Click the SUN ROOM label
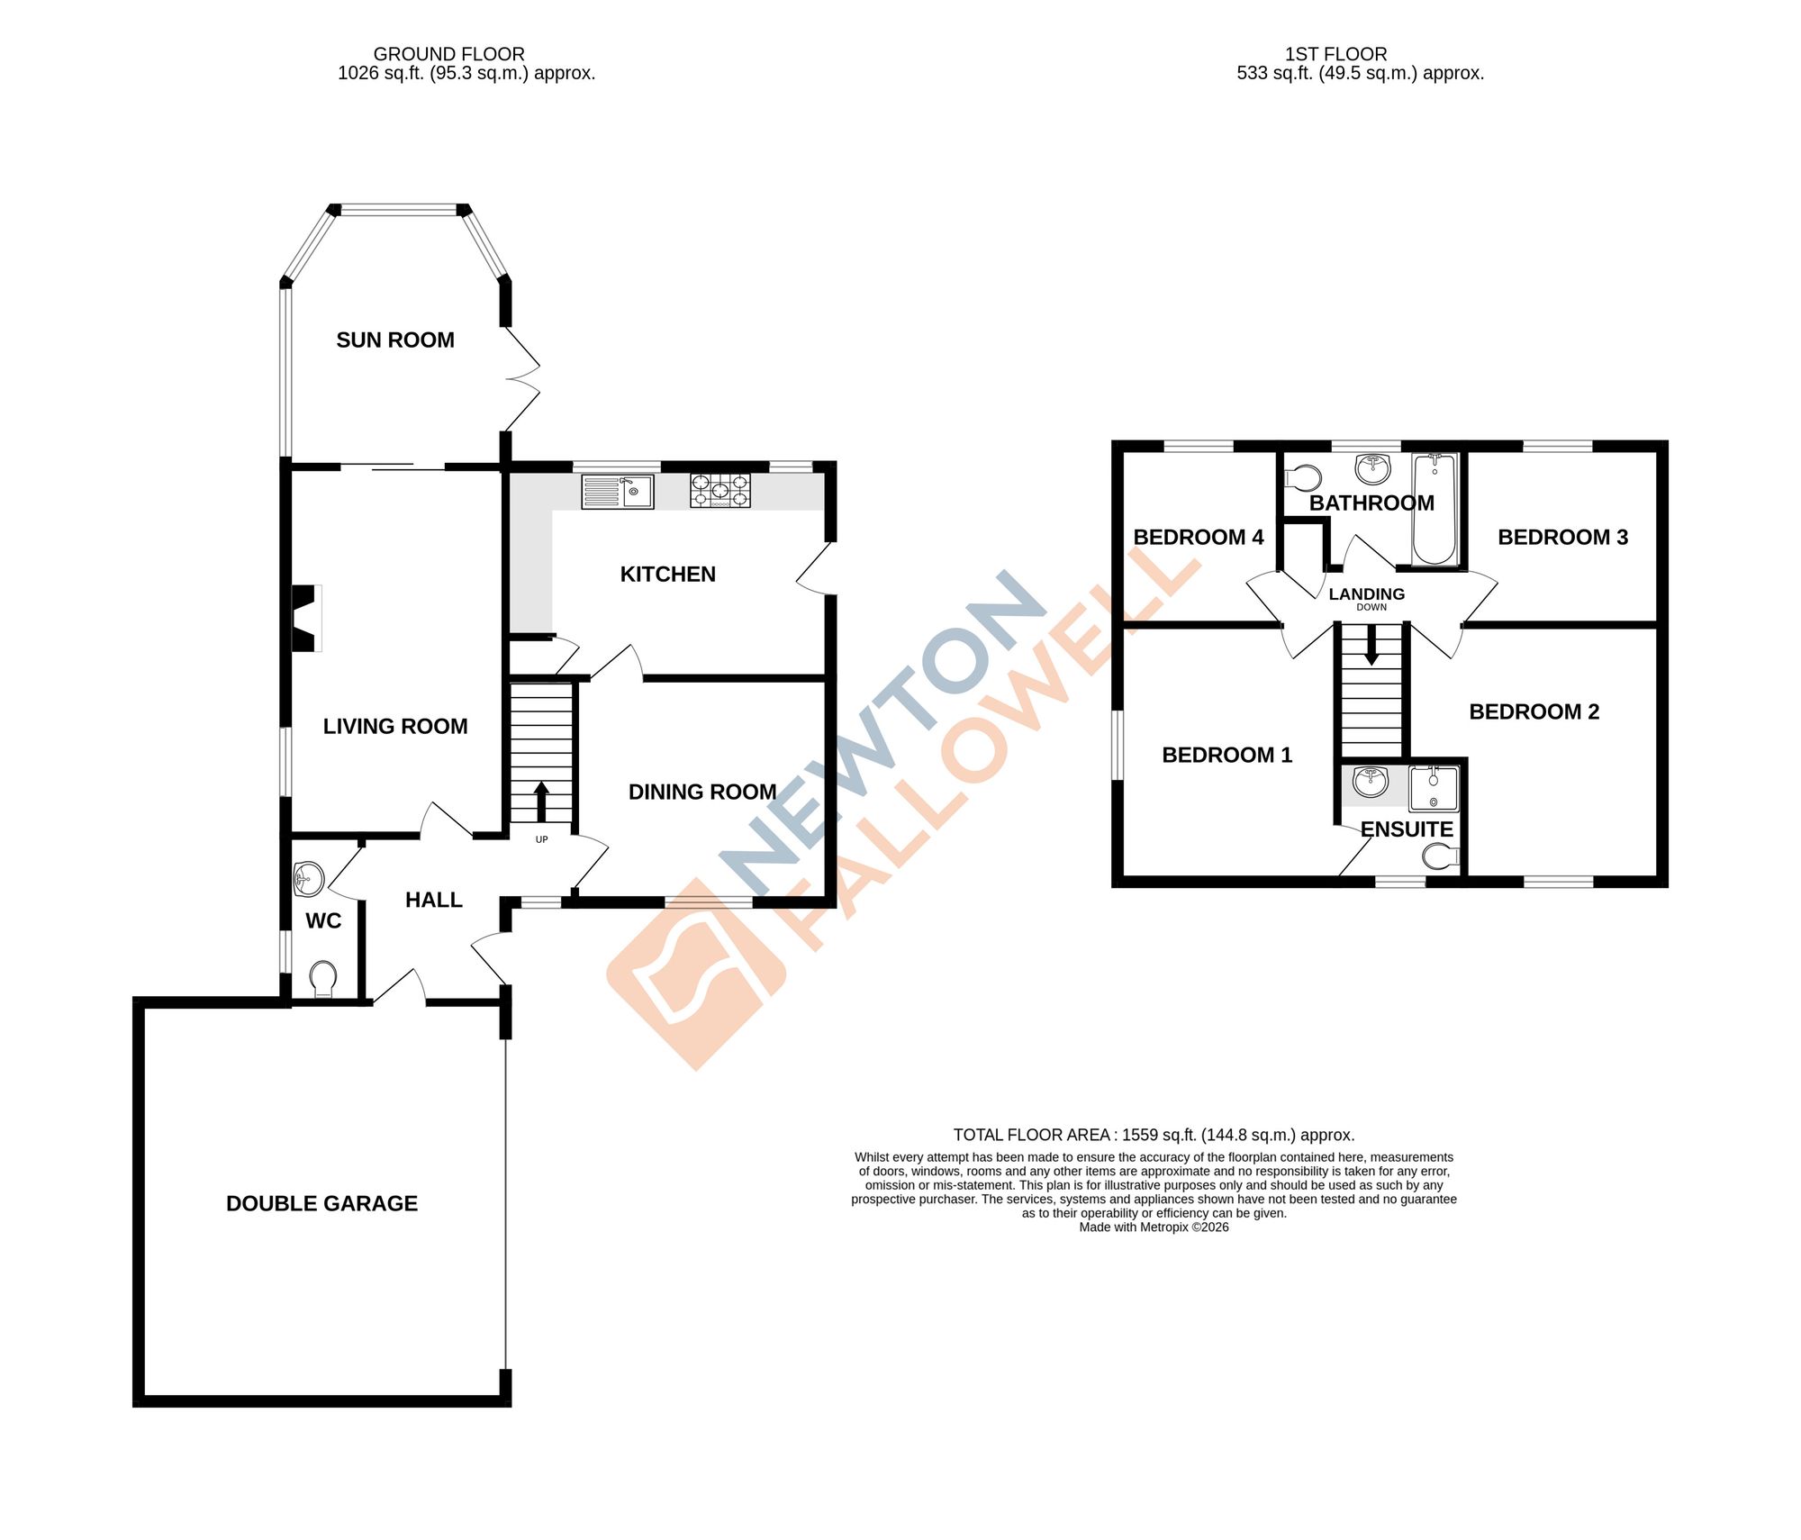pos(394,340)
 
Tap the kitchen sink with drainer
pos(617,492)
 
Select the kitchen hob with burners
pos(719,491)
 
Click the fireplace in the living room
pos(306,618)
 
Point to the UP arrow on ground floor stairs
pos(541,801)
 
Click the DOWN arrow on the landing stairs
pos(1371,645)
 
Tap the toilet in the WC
pos(322,979)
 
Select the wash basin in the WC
pos(308,878)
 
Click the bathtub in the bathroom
pos(1434,510)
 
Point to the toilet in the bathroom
pos(1303,476)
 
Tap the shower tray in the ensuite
pos(1433,789)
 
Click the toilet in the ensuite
pos(1441,856)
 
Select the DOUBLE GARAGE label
pos(321,1204)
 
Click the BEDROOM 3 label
pos(1562,538)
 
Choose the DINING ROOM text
pos(701,793)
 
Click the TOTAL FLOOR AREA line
pos(1154,1135)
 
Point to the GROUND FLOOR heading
pos(448,54)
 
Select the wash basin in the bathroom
pos(1372,468)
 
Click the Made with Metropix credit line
pos(1154,1227)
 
